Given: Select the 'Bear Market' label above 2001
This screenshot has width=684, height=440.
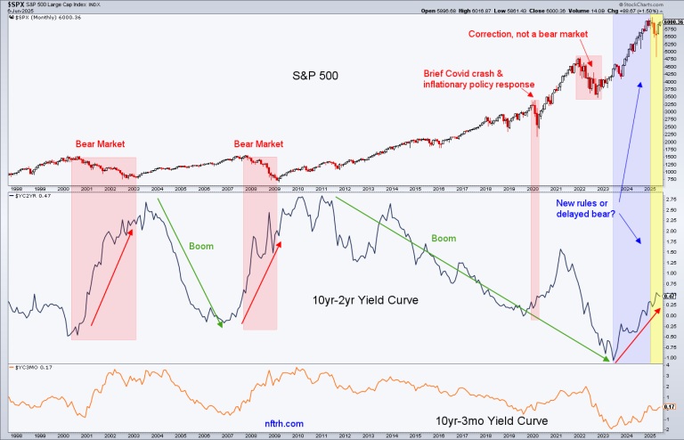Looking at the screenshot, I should click(98, 143).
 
